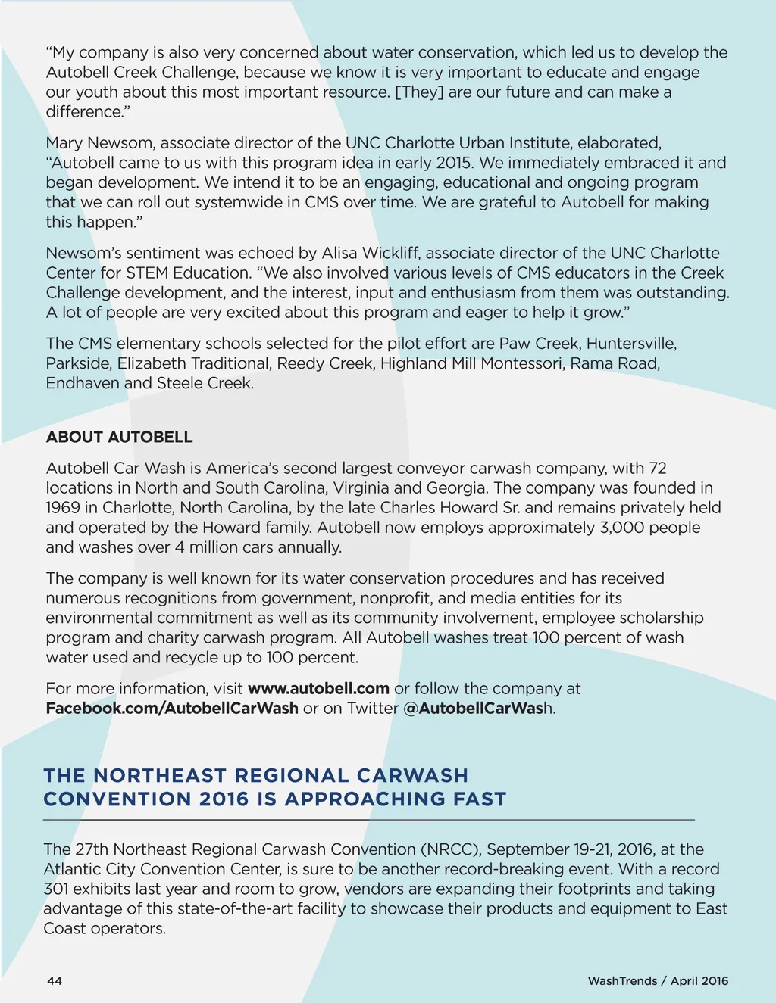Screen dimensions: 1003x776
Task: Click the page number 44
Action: tap(55, 981)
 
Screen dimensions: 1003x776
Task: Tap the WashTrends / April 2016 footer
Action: tap(658, 981)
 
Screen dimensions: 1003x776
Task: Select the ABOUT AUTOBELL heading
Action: tap(119, 437)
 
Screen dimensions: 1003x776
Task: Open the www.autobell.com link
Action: tap(318, 689)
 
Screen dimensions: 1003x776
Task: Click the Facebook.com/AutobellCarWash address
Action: tap(172, 709)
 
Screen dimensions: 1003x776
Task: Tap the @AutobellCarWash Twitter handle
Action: tap(480, 709)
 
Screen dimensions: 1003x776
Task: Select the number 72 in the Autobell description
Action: tap(658, 469)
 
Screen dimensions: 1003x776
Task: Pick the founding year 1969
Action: tap(63, 508)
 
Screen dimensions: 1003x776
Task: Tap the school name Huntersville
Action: tap(631, 344)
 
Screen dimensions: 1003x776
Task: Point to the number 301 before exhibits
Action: tap(56, 889)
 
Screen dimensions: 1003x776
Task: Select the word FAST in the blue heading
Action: tap(480, 799)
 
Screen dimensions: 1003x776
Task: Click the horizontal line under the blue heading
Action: tap(369, 820)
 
